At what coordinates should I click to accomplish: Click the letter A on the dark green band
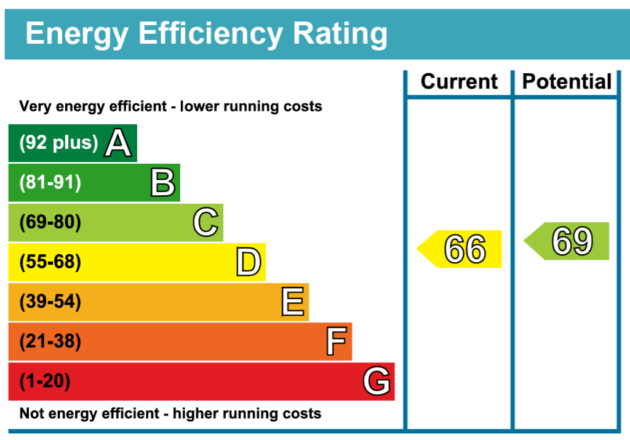click(x=118, y=143)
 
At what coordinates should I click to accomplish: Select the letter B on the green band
click(x=163, y=183)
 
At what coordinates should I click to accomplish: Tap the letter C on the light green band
click(x=205, y=223)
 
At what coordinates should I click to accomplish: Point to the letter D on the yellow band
click(x=249, y=263)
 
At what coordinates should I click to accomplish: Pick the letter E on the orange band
click(x=292, y=302)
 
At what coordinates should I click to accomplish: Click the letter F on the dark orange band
click(x=336, y=342)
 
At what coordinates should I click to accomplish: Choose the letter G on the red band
click(x=377, y=382)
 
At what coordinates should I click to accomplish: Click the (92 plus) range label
click(x=58, y=143)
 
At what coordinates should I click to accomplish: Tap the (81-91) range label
click(x=50, y=183)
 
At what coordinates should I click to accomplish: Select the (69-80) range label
click(x=50, y=222)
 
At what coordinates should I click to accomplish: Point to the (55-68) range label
click(x=50, y=262)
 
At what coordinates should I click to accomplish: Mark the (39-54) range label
click(x=50, y=302)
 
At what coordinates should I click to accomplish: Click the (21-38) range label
click(x=50, y=342)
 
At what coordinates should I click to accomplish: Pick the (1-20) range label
click(x=45, y=382)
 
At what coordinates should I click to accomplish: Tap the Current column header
click(x=459, y=82)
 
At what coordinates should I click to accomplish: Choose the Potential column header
click(x=567, y=82)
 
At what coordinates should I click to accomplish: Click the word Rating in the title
click(x=340, y=34)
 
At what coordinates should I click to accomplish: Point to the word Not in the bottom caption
click(x=31, y=414)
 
